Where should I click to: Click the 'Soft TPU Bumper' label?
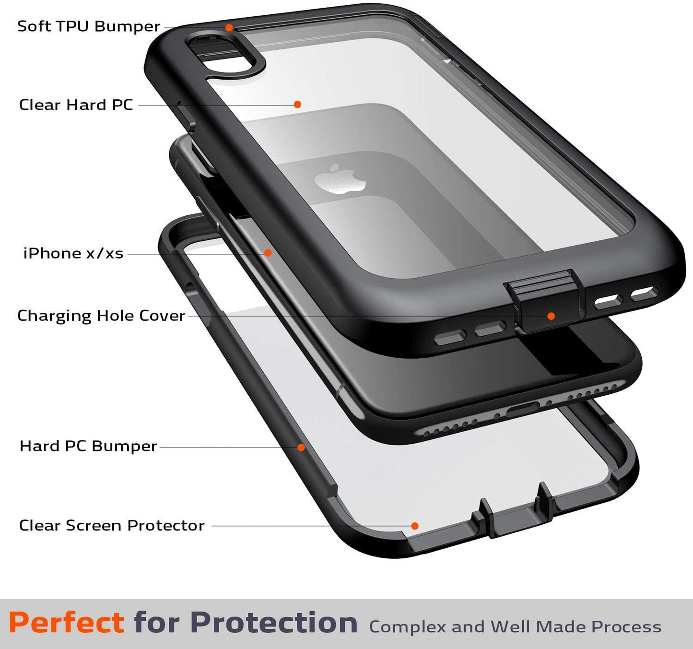89,26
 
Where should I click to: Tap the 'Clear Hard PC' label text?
76,105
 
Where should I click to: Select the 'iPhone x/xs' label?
73,253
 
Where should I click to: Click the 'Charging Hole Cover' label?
101,316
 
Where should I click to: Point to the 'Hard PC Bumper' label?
88,446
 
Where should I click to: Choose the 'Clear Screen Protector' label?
112,525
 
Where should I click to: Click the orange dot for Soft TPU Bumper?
229,27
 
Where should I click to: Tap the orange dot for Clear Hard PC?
297,105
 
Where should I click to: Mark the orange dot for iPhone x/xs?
268,253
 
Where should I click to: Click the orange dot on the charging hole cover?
551,316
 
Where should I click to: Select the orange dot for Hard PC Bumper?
301,447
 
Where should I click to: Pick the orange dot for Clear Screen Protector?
414,526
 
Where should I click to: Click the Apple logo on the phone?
340,179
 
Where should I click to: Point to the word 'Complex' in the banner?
408,627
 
